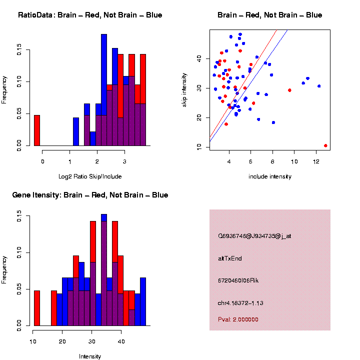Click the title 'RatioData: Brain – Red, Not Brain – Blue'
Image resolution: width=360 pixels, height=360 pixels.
tap(90, 15)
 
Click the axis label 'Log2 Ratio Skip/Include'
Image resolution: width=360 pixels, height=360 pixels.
tap(90, 176)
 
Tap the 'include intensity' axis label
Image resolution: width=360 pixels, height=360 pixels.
tap(270, 176)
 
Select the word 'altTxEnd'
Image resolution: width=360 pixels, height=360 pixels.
tap(230, 258)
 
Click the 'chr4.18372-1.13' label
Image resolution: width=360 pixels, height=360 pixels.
tap(241, 303)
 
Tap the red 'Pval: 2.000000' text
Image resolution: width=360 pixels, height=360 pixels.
tap(238, 319)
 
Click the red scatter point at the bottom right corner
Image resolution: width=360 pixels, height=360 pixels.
tap(325, 145)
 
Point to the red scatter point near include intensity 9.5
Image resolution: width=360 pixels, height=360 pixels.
tap(289, 90)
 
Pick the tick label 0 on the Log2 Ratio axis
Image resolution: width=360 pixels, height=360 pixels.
tap(42, 161)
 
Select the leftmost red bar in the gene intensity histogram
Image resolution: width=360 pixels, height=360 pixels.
tap(37, 308)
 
